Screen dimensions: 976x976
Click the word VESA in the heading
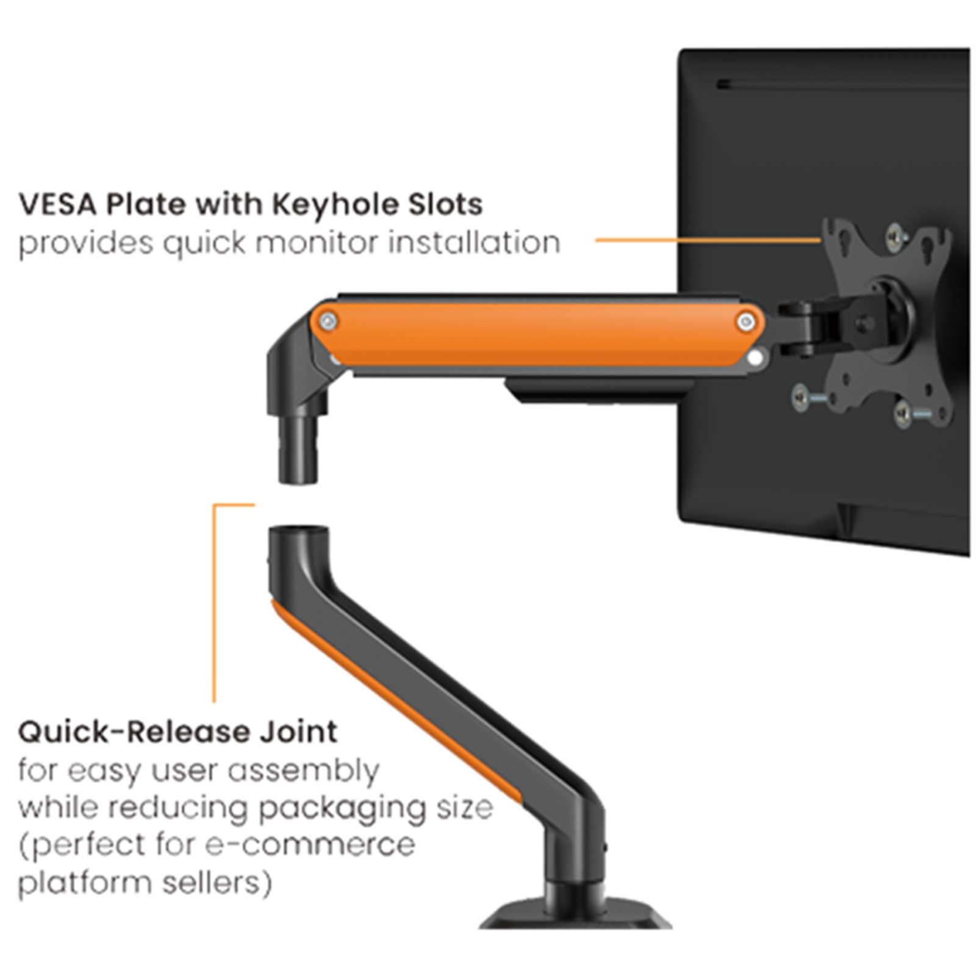coord(57,204)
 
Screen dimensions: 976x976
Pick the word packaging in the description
coord(342,809)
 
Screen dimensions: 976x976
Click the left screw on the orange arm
coord(328,321)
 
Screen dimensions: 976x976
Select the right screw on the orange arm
coord(745,321)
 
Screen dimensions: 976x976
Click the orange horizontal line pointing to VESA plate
coord(708,240)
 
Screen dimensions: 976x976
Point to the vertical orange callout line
coord(214,604)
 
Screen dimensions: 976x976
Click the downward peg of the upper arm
coord(299,451)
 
